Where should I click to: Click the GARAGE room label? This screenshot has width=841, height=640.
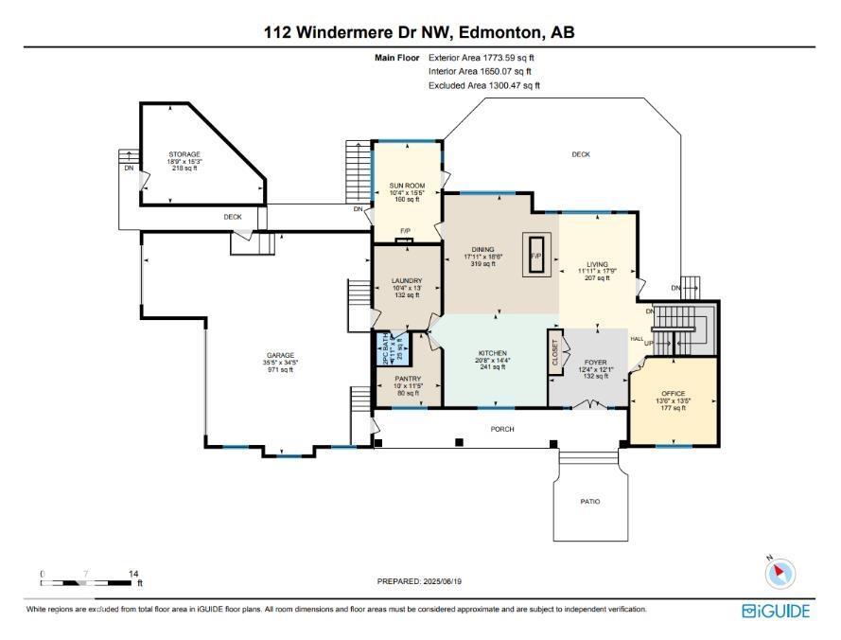279,355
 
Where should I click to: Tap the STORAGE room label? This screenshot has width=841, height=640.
184,154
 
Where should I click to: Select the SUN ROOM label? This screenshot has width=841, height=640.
405,186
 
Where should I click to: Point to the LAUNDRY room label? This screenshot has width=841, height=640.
406,281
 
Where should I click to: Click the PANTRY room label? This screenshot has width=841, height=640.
407,379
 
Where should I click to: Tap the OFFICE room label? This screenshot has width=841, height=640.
673,393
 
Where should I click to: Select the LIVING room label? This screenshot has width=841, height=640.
597,265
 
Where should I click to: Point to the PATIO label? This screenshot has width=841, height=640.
589,502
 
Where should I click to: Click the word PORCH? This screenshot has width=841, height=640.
502,429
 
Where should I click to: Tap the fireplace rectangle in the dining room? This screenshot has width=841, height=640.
535,256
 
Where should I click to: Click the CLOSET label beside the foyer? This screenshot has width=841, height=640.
555,352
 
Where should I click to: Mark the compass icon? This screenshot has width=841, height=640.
780,572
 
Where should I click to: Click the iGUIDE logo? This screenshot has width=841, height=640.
776,611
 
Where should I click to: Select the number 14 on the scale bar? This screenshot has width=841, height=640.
134,574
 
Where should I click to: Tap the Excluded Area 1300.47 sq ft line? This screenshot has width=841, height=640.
483,85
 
